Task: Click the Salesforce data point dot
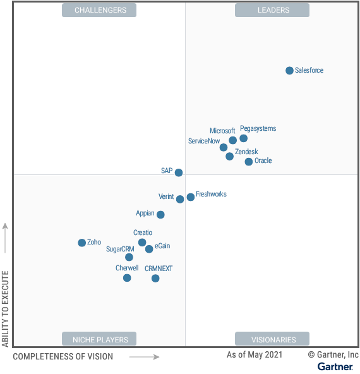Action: tap(289, 71)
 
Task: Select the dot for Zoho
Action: tap(81, 243)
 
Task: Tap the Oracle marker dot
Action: tap(249, 162)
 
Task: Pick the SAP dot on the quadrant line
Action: tap(179, 172)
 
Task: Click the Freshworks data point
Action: tap(191, 197)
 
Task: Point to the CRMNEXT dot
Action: tap(155, 278)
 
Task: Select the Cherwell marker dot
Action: tap(127, 277)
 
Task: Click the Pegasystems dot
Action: tap(244, 138)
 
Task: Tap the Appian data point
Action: tap(160, 215)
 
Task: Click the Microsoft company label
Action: tap(222, 131)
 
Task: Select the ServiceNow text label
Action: tap(204, 141)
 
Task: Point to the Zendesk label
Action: tap(246, 152)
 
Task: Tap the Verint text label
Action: tap(166, 196)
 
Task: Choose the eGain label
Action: tap(162, 246)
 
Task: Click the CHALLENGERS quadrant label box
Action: tap(100, 10)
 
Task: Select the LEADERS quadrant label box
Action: tap(272, 10)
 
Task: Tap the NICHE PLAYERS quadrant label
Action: tap(100, 339)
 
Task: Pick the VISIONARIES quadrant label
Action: tap(272, 339)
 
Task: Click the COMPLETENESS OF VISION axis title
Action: tap(63, 356)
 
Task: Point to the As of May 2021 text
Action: tap(255, 355)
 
